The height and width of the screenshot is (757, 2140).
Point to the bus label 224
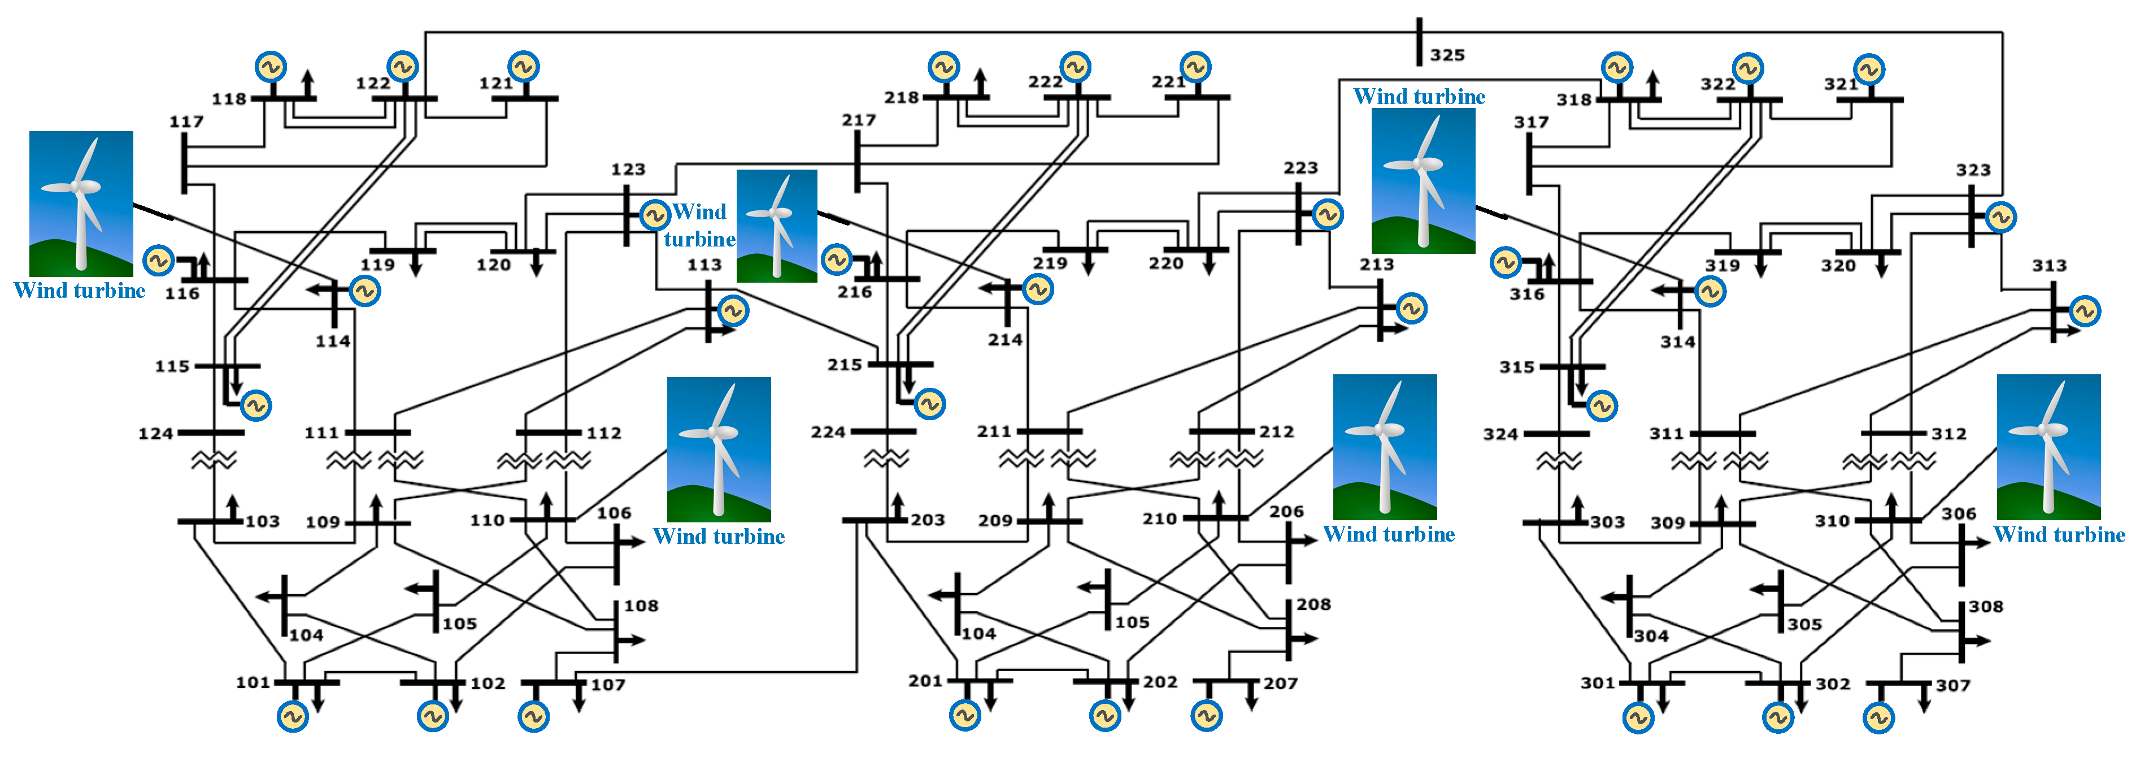point(828,432)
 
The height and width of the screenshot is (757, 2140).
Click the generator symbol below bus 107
point(533,716)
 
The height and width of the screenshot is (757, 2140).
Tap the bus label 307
point(1952,686)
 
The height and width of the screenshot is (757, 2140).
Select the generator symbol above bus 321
point(1869,70)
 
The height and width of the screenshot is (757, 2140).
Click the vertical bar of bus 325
point(1420,41)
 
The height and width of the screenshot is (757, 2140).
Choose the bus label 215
point(844,365)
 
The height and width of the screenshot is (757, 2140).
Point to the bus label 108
point(641,605)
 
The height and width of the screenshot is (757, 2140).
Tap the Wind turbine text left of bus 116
point(80,291)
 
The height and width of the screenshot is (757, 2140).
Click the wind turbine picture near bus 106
point(719,449)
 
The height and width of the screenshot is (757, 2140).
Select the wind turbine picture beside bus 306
point(2048,447)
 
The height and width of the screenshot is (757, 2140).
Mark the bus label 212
point(1276,432)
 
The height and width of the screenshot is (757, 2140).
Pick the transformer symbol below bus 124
point(214,460)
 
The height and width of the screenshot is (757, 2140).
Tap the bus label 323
point(1972,170)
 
